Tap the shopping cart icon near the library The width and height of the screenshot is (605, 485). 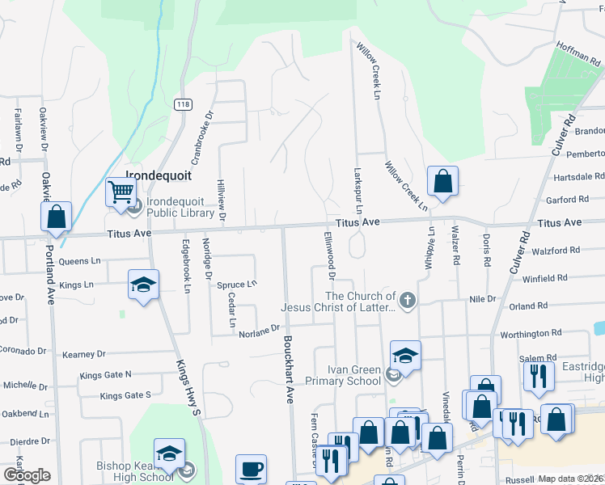tap(121, 192)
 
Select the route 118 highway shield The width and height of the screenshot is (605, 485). tap(182, 104)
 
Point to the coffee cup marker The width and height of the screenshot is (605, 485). tap(251, 469)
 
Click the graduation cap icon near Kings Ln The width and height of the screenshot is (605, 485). tap(143, 285)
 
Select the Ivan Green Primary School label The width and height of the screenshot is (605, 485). tap(343, 375)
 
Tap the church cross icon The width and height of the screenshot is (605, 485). tap(407, 302)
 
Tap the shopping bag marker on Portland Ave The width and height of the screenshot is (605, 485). tap(56, 217)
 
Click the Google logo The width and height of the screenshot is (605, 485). tap(27, 475)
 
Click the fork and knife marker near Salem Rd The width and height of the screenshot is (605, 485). tap(535, 376)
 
